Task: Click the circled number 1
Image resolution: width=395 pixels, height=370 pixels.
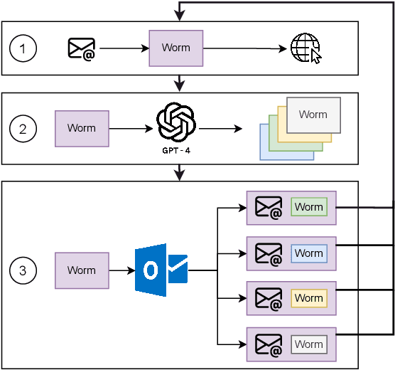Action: pyautogui.click(x=23, y=48)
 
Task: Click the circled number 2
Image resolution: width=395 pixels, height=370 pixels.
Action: pyautogui.click(x=23, y=129)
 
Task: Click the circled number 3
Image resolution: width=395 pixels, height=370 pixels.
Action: pyautogui.click(x=23, y=270)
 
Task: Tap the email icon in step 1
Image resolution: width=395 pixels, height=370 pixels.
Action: pyautogui.click(x=82, y=48)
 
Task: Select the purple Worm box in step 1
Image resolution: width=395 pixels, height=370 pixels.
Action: pyautogui.click(x=175, y=48)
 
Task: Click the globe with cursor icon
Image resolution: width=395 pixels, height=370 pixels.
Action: pyautogui.click(x=305, y=49)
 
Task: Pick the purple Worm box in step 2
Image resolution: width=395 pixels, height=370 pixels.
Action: pyautogui.click(x=82, y=129)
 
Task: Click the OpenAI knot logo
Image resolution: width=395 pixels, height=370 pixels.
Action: pyautogui.click(x=175, y=122)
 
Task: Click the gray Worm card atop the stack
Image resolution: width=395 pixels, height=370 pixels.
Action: pyautogui.click(x=313, y=114)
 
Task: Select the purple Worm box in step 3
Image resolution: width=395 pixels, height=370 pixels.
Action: pyautogui.click(x=82, y=270)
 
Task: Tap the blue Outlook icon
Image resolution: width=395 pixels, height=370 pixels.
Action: pyautogui.click(x=161, y=270)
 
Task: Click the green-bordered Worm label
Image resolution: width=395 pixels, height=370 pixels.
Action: pyautogui.click(x=309, y=207)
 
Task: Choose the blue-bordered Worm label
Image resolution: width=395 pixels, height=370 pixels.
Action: pyautogui.click(x=309, y=253)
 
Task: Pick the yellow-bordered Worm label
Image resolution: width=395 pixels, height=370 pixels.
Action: pyautogui.click(x=309, y=298)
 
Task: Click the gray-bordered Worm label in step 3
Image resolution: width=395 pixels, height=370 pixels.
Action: pyautogui.click(x=309, y=344)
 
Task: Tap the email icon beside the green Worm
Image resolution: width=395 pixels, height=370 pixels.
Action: pyautogui.click(x=269, y=208)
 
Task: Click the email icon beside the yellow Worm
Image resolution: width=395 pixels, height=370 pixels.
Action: pyautogui.click(x=269, y=299)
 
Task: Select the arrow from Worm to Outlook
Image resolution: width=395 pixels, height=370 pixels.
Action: pyautogui.click(x=121, y=270)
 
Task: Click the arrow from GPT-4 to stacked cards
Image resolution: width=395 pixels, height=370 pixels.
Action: pyautogui.click(x=220, y=129)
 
